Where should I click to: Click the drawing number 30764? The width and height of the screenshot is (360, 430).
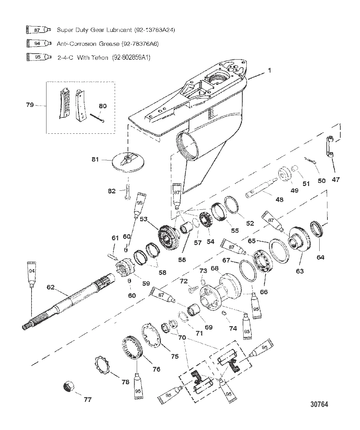pos(319,404)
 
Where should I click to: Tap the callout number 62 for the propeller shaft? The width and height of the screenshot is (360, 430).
pos(51,287)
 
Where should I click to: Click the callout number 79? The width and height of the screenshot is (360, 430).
pos(30,105)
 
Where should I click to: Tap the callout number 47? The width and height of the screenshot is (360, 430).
pos(335,180)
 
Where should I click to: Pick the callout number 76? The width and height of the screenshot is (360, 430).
pos(156,369)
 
